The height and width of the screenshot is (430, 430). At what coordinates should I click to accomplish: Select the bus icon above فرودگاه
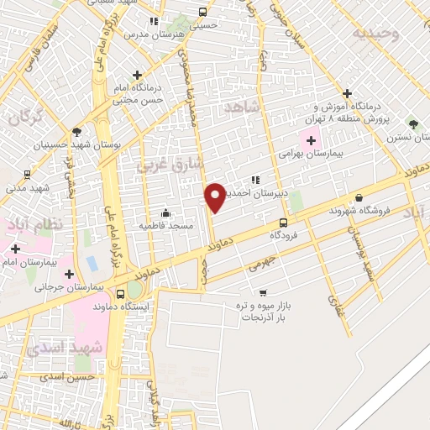coord(283,223)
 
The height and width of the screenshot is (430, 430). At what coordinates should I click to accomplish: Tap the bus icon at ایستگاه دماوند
coord(122,294)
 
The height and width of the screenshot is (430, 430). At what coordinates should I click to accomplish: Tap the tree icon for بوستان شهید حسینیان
coord(77,131)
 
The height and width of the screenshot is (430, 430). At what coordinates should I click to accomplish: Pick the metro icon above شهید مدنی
coord(29,176)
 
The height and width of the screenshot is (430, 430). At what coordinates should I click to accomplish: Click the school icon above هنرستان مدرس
coord(153,21)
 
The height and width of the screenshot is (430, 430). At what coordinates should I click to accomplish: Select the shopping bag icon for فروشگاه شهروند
coord(359,198)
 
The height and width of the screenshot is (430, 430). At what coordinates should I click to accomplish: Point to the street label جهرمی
coord(260,267)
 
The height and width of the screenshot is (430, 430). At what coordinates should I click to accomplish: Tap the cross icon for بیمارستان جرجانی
coord(69,273)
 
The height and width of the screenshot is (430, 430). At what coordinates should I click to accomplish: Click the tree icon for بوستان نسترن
coord(412,123)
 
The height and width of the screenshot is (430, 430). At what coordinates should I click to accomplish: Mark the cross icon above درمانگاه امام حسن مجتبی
coord(138,76)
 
